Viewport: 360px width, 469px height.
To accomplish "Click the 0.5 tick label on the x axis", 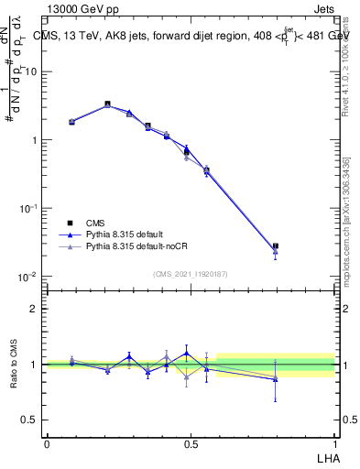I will (x=191, y=444).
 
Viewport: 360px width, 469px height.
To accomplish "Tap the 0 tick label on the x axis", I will (x=47, y=444).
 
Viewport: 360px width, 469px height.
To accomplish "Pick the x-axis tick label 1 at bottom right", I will (x=334, y=444).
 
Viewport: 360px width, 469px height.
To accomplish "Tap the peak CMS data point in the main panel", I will (x=108, y=104).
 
